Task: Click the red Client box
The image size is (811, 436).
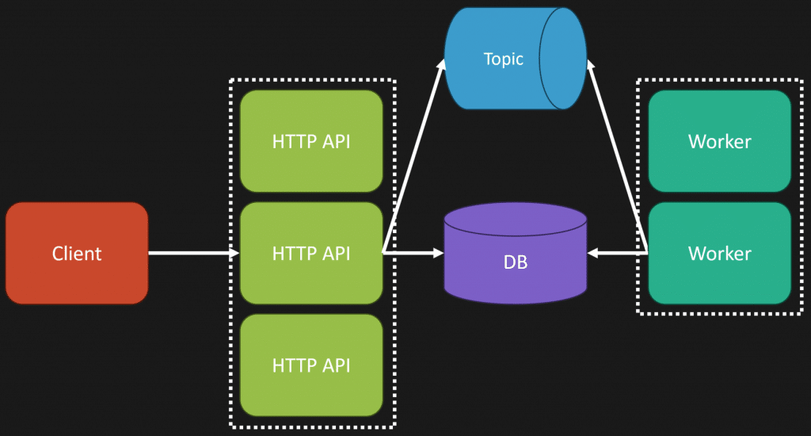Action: click(77, 253)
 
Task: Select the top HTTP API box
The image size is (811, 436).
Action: click(311, 141)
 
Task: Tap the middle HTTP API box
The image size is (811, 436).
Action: click(311, 253)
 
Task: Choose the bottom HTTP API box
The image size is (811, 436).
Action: click(311, 365)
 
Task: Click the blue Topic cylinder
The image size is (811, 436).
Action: click(499, 59)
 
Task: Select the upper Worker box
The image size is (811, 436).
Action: click(719, 141)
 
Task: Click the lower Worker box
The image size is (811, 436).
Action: click(719, 253)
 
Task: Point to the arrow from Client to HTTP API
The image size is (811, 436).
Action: click(193, 253)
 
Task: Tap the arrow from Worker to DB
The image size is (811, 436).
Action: click(618, 253)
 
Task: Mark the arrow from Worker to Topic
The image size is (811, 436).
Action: click(618, 159)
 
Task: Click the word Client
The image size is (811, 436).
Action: click(77, 254)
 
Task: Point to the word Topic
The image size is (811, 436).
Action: click(504, 59)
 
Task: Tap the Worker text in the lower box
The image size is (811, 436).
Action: click(719, 254)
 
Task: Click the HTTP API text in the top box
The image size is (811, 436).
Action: click(311, 142)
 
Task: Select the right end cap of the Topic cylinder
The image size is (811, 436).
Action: click(564, 59)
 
